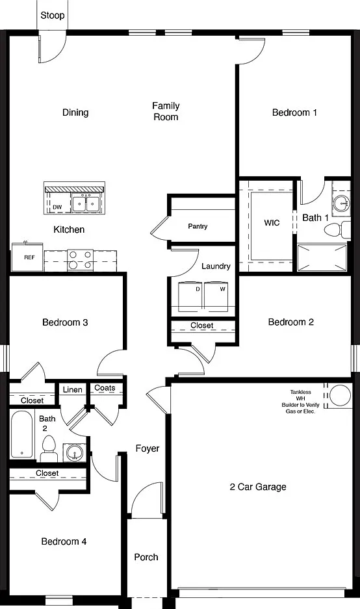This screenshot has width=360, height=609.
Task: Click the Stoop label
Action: tap(53, 16)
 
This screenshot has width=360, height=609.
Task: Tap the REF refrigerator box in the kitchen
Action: tap(27, 257)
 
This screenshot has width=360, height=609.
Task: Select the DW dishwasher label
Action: tap(57, 207)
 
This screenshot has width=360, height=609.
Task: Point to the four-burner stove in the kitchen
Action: tap(81, 260)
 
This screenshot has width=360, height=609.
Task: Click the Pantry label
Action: tap(198, 226)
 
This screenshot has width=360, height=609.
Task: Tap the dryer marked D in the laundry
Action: tap(190, 296)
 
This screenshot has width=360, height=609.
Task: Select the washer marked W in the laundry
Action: tap(216, 296)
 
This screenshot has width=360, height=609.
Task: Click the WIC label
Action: tap(272, 222)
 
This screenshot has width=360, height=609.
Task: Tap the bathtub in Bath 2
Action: tap(23, 434)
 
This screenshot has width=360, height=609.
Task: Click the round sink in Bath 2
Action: tap(74, 452)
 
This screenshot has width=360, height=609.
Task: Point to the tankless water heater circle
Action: tap(341, 395)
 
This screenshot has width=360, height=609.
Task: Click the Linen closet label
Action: tap(73, 389)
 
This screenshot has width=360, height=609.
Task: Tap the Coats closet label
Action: tap(105, 387)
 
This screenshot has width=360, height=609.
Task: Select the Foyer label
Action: tap(148, 448)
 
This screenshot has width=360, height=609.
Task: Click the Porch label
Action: tap(146, 557)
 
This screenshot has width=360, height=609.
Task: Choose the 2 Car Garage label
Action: tap(258, 487)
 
